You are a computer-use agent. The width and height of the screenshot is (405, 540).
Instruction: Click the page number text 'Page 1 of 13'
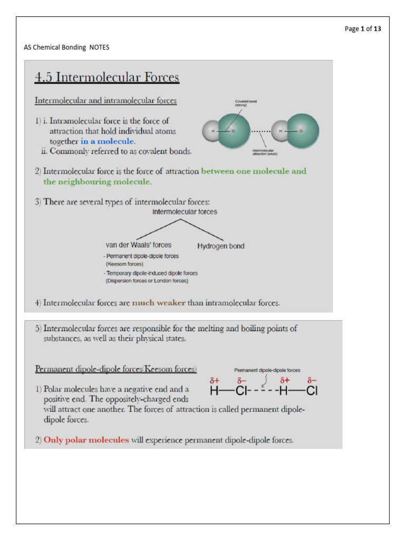coord(362,29)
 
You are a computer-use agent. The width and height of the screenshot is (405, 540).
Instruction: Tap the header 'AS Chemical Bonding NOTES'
coord(66,47)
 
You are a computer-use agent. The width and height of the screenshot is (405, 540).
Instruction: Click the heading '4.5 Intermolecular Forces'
coord(107,78)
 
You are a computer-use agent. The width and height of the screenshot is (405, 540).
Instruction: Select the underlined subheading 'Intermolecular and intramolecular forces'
coord(105,100)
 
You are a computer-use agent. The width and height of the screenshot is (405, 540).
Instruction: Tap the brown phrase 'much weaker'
coord(157,303)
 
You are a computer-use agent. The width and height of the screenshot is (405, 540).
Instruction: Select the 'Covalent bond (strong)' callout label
coord(246,103)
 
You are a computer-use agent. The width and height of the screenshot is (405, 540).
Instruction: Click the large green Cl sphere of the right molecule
coord(302,131)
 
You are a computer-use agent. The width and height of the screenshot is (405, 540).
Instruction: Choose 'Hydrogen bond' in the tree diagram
coord(220,246)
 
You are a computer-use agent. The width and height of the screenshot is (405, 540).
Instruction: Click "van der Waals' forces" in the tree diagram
coord(139,245)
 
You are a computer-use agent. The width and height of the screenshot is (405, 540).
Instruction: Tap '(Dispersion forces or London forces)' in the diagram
coord(147,281)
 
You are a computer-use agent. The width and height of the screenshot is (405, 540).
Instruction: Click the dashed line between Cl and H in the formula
coord(263,391)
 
